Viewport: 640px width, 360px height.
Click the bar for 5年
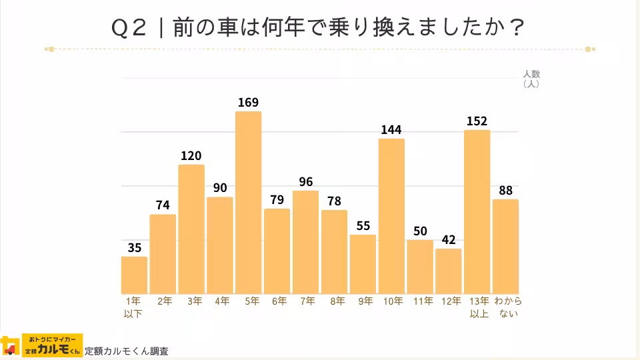[x=248, y=203]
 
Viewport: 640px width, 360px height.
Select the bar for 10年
[x=391, y=216]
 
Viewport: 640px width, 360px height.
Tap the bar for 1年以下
[x=134, y=275]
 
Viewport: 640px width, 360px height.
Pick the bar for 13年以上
[x=477, y=212]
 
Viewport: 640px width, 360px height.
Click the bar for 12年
[x=449, y=271]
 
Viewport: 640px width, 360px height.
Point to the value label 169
[x=248, y=102]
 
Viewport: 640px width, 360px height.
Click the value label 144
[x=391, y=129]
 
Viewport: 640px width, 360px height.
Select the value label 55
[x=363, y=225]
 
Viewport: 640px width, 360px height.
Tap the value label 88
[x=506, y=190]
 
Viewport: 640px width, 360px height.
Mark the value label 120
[x=191, y=155]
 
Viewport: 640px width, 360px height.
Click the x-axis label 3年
[x=194, y=301]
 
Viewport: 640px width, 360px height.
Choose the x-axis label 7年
[x=308, y=301]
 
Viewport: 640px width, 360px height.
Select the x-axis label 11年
[x=423, y=301]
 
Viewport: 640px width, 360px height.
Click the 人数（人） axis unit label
[x=531, y=79]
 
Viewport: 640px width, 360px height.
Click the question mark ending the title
[x=515, y=29]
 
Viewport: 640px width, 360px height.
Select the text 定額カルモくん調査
[x=127, y=351]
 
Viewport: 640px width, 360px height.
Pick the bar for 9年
[x=363, y=264]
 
